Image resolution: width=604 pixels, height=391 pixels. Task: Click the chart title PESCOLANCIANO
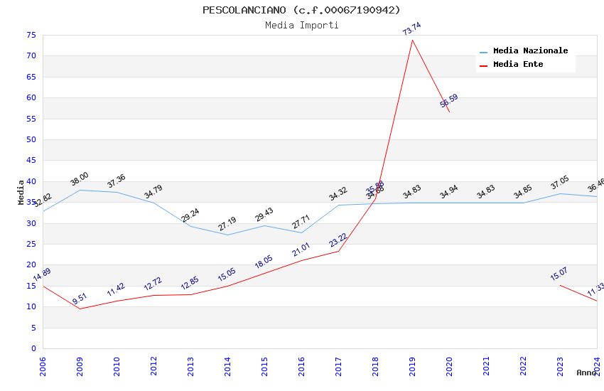[x=301, y=10]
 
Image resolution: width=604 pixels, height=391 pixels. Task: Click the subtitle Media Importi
[x=301, y=25]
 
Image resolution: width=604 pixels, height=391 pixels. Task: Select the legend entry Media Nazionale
[x=530, y=51]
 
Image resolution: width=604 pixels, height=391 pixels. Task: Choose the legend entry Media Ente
[x=517, y=64]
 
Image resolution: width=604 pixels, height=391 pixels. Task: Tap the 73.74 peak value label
[x=411, y=29]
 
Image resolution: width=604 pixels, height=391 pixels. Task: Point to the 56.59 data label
[x=448, y=101]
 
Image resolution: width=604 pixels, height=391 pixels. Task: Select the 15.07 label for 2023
[x=559, y=274]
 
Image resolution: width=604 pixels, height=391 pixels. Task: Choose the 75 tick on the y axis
[x=31, y=35]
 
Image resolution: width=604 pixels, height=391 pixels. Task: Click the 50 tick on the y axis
[x=31, y=139]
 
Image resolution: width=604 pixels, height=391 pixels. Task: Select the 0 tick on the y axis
[x=33, y=348]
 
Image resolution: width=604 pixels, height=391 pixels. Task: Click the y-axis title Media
[x=21, y=192]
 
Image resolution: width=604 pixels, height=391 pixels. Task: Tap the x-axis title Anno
[x=586, y=373]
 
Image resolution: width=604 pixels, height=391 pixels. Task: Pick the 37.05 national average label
[x=559, y=183]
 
